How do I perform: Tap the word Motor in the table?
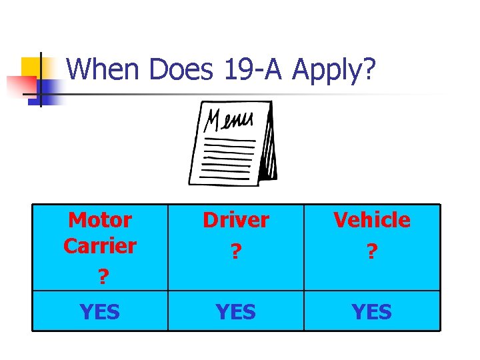(100, 219)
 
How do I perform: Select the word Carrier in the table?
(100, 245)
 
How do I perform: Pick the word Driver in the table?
(236, 219)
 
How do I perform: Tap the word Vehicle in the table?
(372, 219)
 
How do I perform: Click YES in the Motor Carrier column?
(100, 311)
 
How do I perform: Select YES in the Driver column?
(236, 311)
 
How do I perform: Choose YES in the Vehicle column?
(372, 311)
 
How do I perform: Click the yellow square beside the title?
(31, 67)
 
